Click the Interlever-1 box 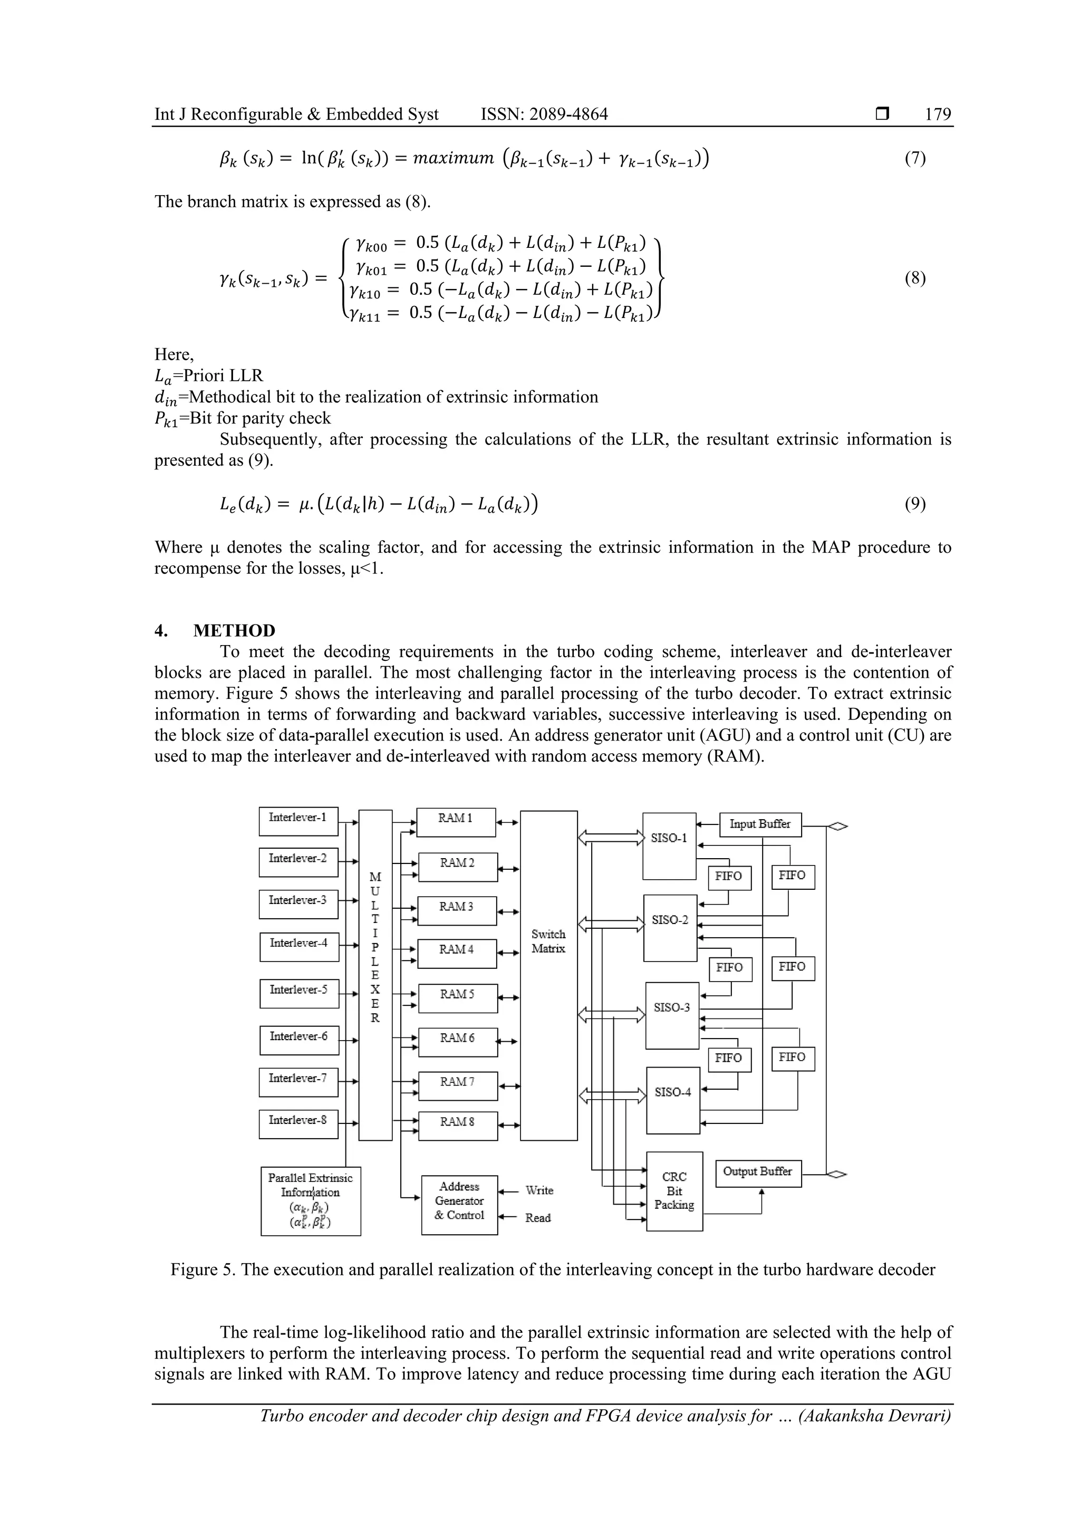298,821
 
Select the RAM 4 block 457,953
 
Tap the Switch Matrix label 548,941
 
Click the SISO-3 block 672,1015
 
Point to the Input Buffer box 760,824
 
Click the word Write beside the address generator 539,1190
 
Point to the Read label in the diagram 538,1218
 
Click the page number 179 938,114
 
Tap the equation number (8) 915,277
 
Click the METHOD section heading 234,630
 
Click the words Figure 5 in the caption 203,1270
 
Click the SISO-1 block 669,845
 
